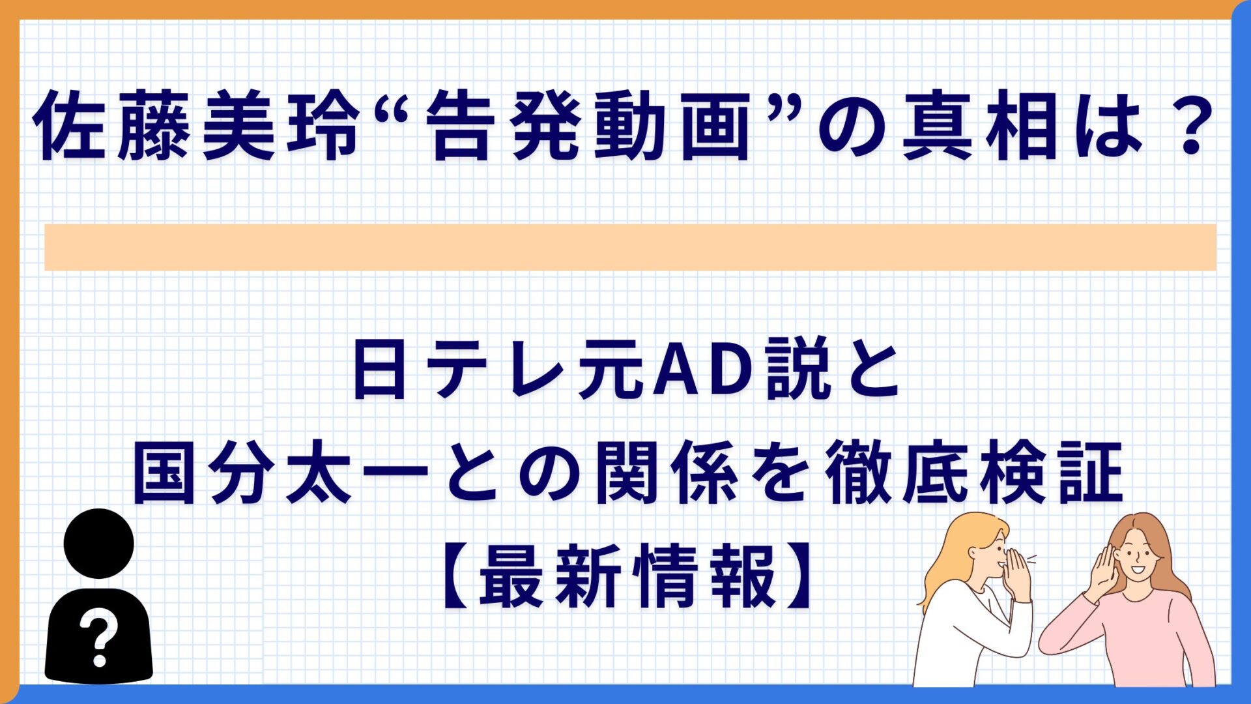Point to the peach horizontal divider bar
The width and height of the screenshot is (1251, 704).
click(630, 247)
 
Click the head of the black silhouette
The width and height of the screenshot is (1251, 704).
click(99, 543)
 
